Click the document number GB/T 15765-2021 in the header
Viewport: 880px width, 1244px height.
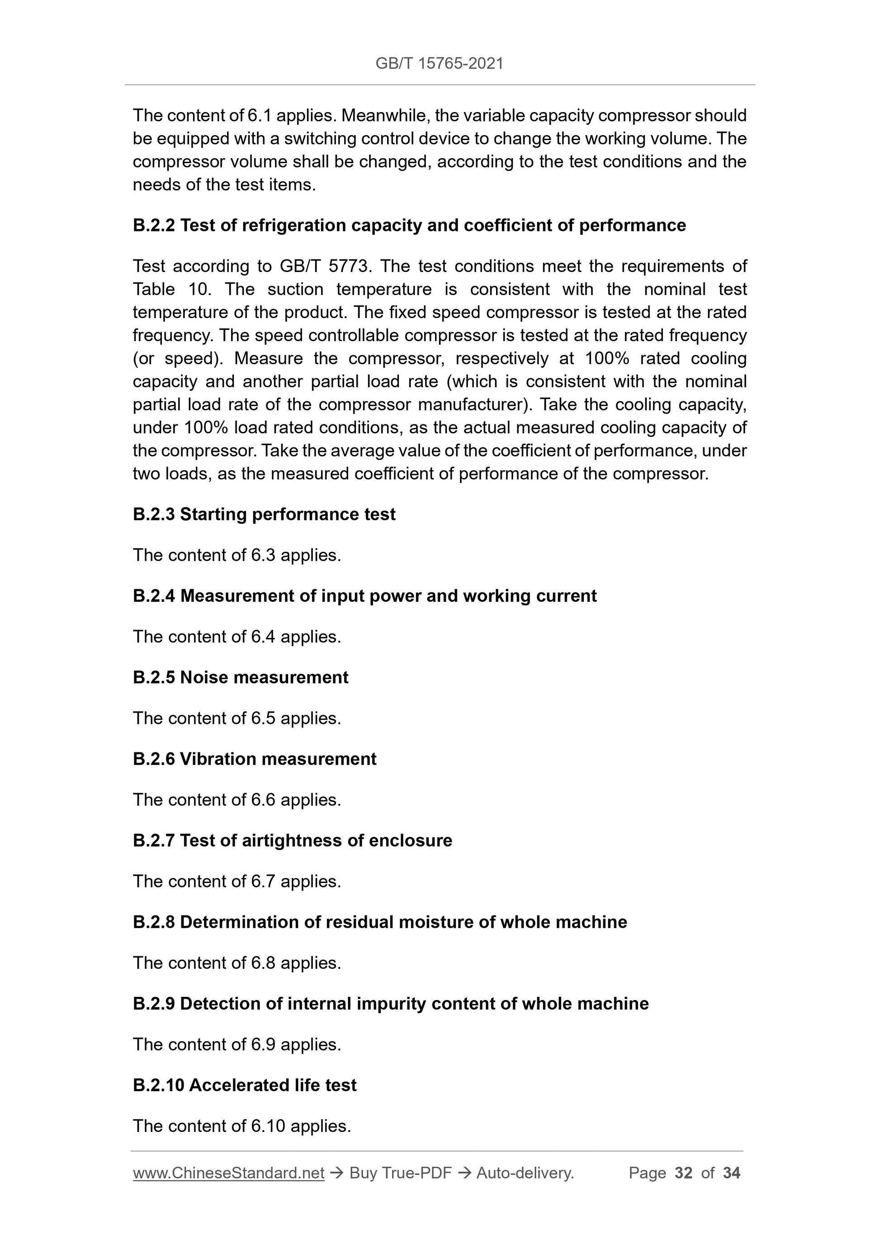[439, 63]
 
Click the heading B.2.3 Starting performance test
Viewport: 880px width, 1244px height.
[264, 514]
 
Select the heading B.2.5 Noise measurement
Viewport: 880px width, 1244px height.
[240, 677]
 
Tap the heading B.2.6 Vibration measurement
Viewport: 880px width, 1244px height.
[254, 759]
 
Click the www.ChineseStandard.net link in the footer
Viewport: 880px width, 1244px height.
[228, 1173]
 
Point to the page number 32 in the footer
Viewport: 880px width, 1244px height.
[683, 1173]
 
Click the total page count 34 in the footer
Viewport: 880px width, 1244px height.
[731, 1173]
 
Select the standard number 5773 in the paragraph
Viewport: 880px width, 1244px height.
[349, 266]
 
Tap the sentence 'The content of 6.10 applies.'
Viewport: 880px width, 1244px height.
[242, 1126]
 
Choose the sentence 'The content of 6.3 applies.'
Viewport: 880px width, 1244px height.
[237, 555]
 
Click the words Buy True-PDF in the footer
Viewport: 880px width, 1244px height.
[400, 1173]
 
